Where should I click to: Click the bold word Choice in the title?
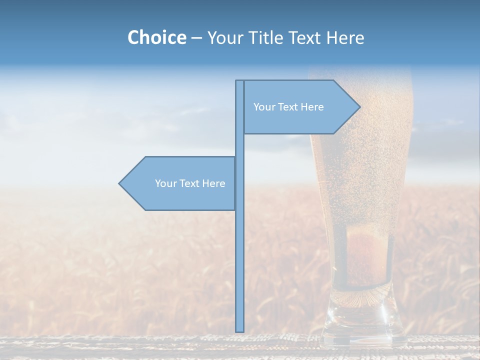point(156,37)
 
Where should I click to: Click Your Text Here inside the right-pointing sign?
point(288,107)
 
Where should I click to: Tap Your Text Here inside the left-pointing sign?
point(190,183)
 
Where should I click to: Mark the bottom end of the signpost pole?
point(239,330)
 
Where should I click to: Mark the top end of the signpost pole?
point(239,81)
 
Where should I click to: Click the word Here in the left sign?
point(214,183)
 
